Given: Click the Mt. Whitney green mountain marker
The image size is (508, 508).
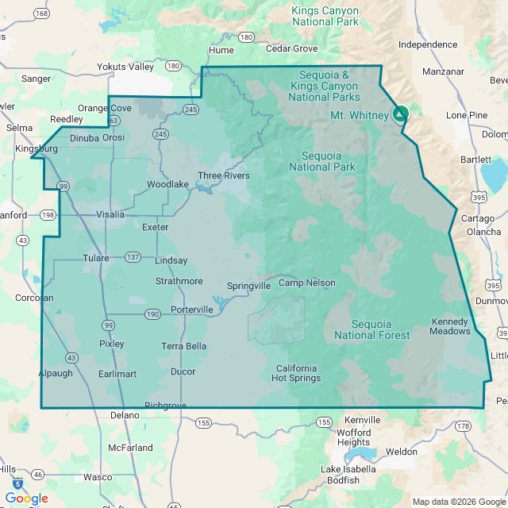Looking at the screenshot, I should (x=401, y=114).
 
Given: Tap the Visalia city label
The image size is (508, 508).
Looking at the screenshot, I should (x=110, y=214).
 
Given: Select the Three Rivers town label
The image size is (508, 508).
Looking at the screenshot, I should (x=224, y=175).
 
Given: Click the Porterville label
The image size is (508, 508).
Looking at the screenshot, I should (x=192, y=310).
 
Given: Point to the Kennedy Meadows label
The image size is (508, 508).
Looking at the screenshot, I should (x=451, y=326).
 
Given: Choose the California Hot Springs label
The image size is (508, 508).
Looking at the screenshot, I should (x=297, y=373).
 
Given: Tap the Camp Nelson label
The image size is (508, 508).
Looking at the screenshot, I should (x=306, y=283).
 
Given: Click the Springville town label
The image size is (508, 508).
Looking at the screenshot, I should (x=248, y=286).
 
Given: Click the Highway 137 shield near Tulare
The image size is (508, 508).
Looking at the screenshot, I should (x=133, y=257).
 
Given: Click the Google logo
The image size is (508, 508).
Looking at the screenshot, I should (x=26, y=498).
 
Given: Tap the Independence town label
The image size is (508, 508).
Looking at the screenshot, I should (x=428, y=45).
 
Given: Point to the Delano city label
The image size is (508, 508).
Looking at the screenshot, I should (x=125, y=414).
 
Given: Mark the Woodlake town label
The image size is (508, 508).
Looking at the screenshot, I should (x=167, y=184).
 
